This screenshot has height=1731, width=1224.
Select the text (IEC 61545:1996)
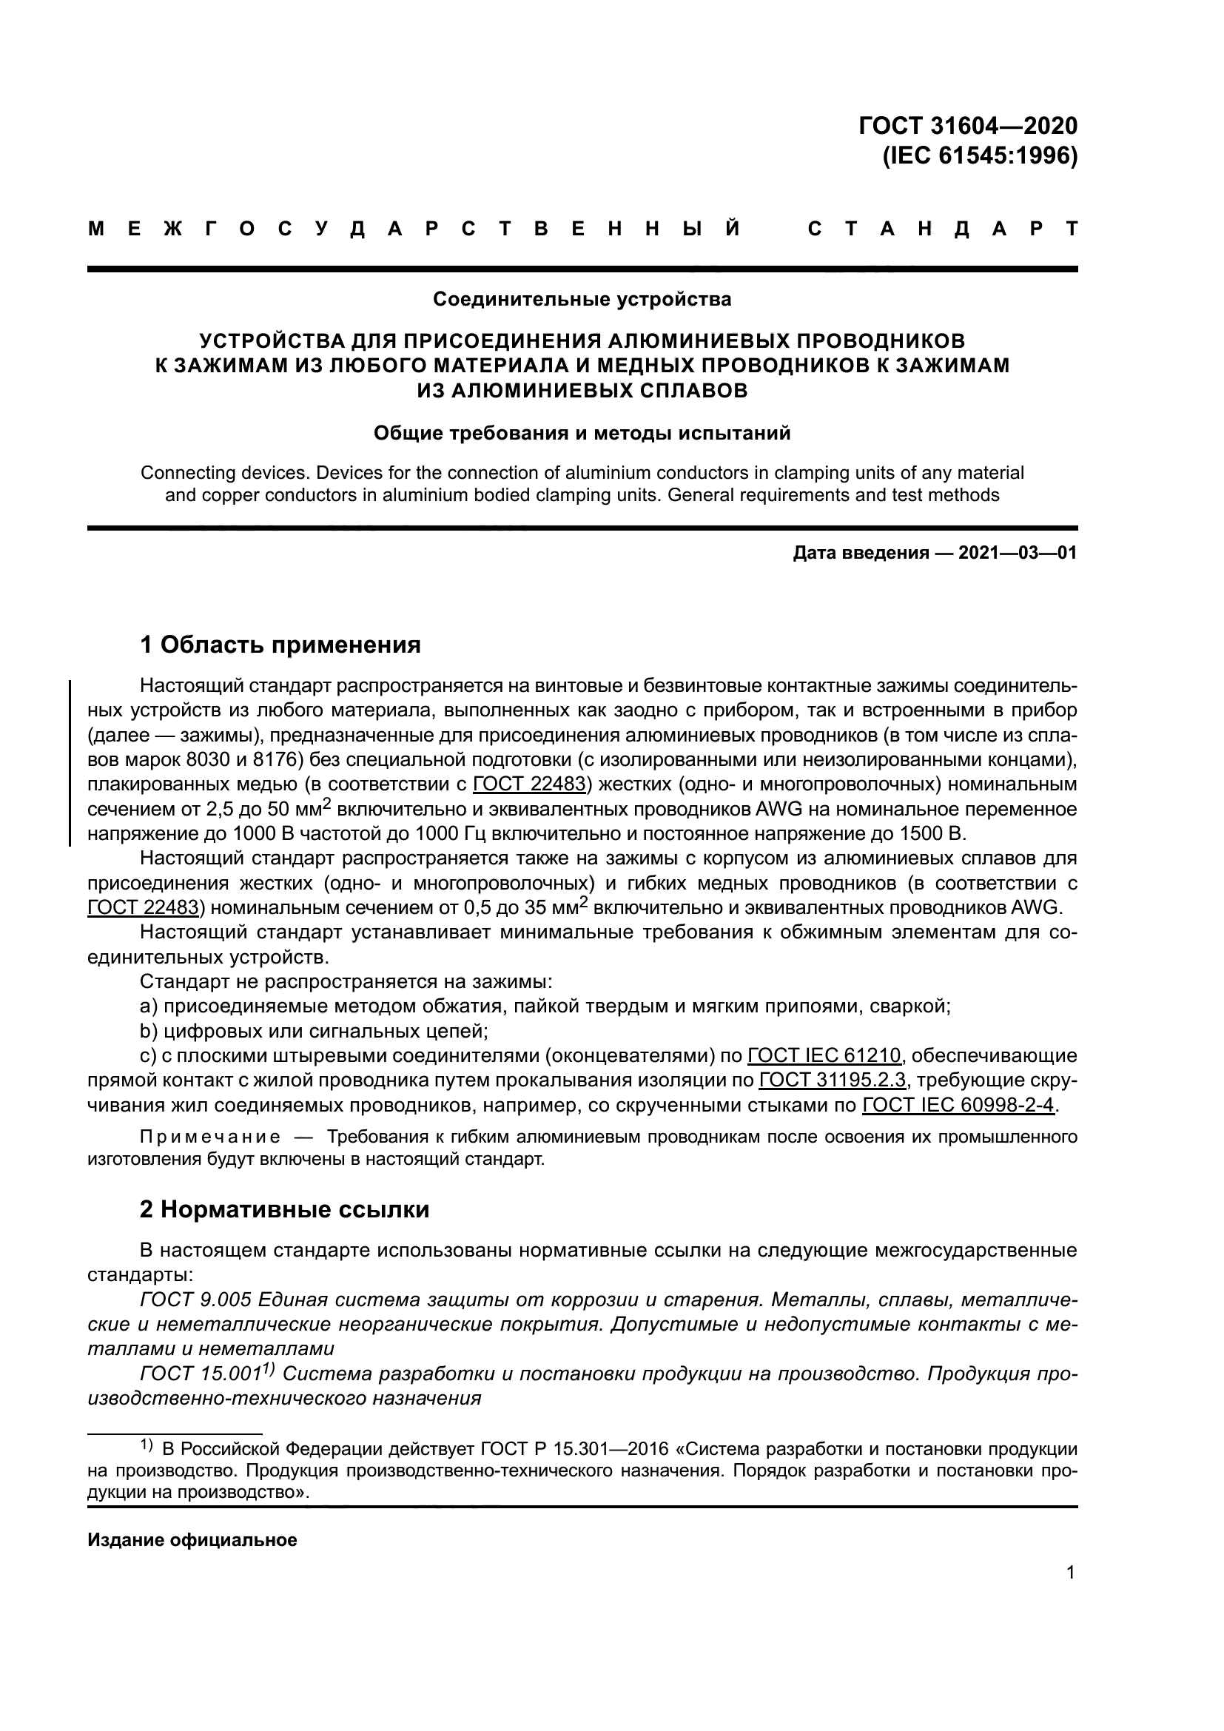(x=980, y=155)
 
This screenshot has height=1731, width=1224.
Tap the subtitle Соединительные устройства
(x=582, y=299)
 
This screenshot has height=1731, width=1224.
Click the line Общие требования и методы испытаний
(x=582, y=434)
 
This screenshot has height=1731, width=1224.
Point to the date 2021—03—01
(x=1018, y=554)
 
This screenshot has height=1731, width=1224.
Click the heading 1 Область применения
(x=280, y=645)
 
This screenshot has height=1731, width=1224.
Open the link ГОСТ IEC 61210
(x=824, y=1055)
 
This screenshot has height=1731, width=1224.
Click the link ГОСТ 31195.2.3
(x=832, y=1080)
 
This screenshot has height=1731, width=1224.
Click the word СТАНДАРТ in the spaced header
(x=942, y=229)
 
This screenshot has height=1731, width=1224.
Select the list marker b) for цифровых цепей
(x=149, y=1031)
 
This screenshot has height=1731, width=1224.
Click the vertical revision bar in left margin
(x=70, y=762)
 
